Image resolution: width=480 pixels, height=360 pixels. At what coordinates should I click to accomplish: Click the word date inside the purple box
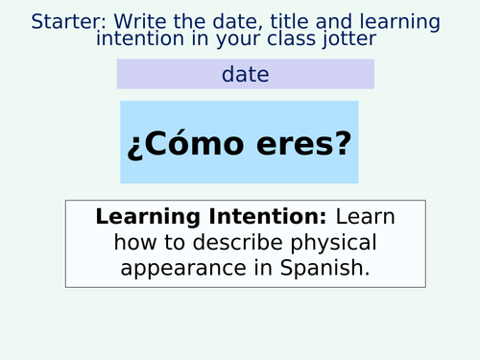click(x=245, y=74)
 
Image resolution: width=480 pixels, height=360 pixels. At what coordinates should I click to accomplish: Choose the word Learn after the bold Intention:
click(x=365, y=217)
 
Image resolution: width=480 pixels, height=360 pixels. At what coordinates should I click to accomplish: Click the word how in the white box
click(x=113, y=243)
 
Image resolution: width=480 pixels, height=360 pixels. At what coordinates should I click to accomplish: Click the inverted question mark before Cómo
click(x=132, y=145)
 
